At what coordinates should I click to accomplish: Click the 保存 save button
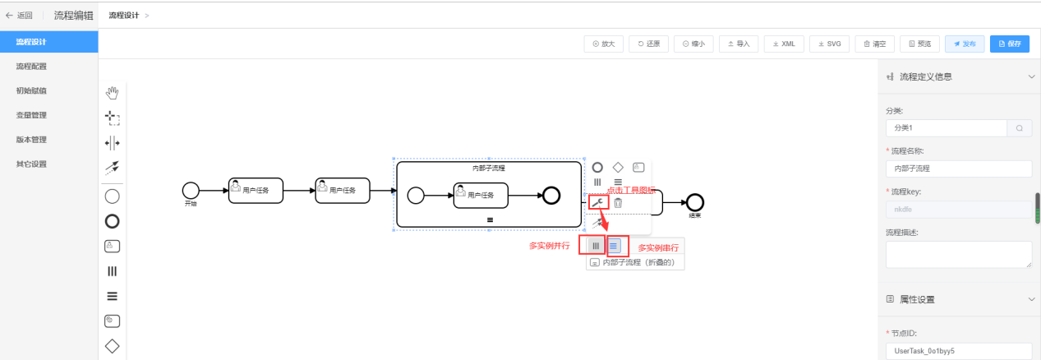click(1010, 44)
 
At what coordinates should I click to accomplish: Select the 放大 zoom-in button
click(604, 44)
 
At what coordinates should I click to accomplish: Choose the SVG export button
click(829, 44)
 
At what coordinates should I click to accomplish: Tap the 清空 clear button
click(874, 44)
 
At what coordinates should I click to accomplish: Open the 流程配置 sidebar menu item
click(31, 67)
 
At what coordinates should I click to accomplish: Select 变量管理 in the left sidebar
click(31, 115)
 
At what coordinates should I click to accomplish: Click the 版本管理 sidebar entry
click(31, 140)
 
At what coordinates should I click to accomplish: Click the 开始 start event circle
click(191, 191)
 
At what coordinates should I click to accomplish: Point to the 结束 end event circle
click(696, 201)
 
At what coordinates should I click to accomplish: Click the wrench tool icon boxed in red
click(597, 202)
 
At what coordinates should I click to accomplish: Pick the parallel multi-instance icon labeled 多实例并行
click(595, 245)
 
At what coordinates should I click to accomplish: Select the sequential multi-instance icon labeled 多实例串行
click(615, 245)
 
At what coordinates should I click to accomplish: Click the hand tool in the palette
click(113, 93)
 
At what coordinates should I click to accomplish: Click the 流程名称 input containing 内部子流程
click(958, 168)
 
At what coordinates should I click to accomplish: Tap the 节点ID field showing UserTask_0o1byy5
click(958, 351)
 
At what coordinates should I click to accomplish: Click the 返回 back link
click(20, 15)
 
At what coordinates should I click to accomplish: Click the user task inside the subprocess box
click(481, 196)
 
